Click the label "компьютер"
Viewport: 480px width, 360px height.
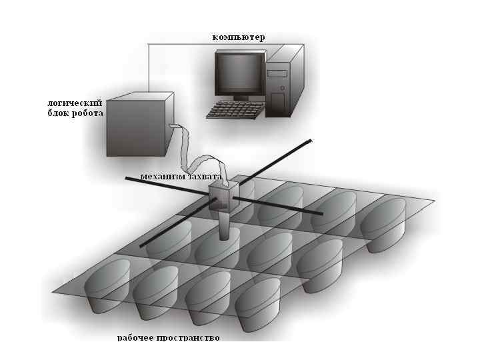[238, 37]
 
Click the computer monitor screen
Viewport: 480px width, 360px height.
[239, 72]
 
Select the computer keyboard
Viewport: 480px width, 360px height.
[233, 110]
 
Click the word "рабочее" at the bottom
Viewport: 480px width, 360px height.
[138, 338]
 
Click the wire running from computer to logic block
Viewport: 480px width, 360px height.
[148, 67]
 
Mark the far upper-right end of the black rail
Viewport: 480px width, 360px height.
[310, 141]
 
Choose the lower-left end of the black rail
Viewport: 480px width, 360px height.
[142, 246]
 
